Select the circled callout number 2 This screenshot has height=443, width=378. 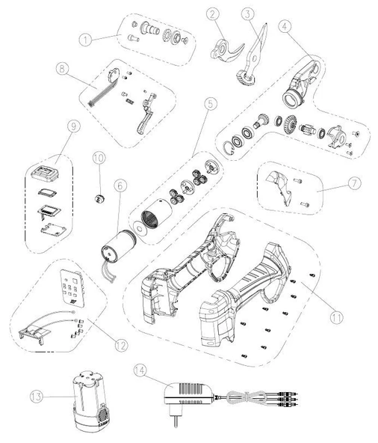214,13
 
